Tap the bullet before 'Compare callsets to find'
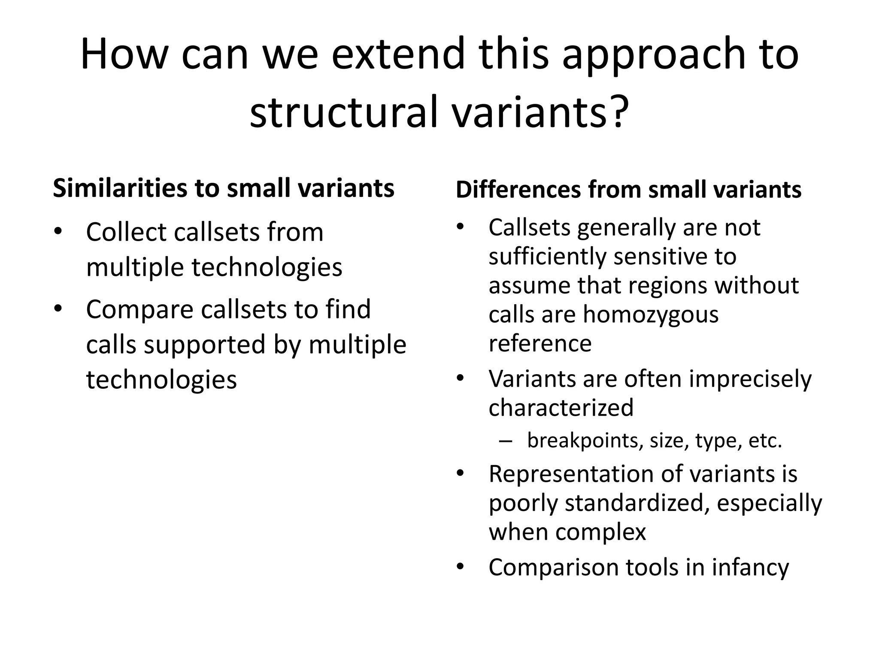click(x=58, y=308)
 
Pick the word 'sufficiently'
click(x=548, y=257)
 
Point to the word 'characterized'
click(x=561, y=407)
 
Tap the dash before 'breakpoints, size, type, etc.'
click(x=506, y=441)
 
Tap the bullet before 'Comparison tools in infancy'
click(x=461, y=567)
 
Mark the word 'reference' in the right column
click(x=540, y=343)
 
